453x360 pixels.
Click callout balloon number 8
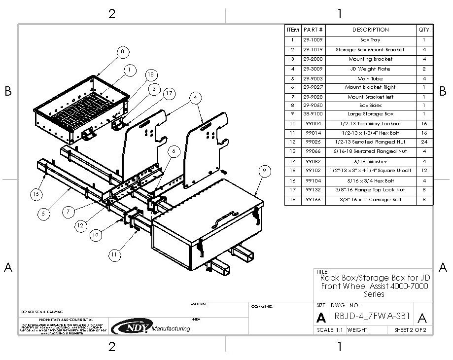(123, 51)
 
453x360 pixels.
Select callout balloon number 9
(265, 171)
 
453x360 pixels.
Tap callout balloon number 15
(35, 194)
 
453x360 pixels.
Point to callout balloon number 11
(114, 254)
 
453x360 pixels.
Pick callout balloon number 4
(196, 98)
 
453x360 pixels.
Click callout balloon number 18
(150, 74)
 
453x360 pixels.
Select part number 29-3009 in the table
(313, 69)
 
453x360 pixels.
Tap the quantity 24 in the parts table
(424, 142)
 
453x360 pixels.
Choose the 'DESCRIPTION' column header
(371, 30)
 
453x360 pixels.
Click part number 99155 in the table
(313, 200)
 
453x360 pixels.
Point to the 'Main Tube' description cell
(371, 78)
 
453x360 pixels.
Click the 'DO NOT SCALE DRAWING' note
(42, 312)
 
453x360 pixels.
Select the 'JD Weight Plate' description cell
(371, 69)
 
